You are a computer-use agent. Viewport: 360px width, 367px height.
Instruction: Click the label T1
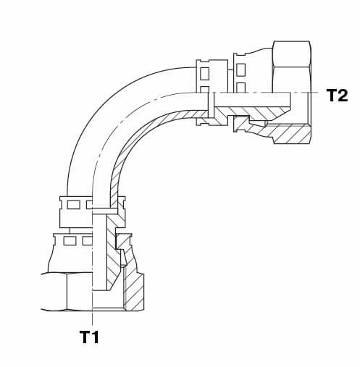(x=89, y=337)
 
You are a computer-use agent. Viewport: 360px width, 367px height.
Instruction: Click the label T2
(x=337, y=95)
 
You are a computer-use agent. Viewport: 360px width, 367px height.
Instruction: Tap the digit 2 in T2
(x=343, y=95)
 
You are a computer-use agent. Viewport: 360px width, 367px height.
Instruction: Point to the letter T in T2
(x=332, y=95)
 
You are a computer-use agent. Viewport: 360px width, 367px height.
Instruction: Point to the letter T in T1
(x=85, y=337)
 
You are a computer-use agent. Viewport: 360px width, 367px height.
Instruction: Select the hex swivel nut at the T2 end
(x=291, y=93)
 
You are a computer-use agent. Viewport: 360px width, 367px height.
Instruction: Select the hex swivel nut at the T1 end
(x=93, y=292)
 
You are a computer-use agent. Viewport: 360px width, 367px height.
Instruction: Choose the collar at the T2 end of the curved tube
(x=212, y=93)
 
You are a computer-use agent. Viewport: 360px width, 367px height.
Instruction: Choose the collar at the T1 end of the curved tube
(x=93, y=212)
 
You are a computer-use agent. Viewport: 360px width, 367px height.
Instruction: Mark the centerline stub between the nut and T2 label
(x=317, y=92)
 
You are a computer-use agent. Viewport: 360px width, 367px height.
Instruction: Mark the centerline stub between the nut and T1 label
(x=92, y=319)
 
